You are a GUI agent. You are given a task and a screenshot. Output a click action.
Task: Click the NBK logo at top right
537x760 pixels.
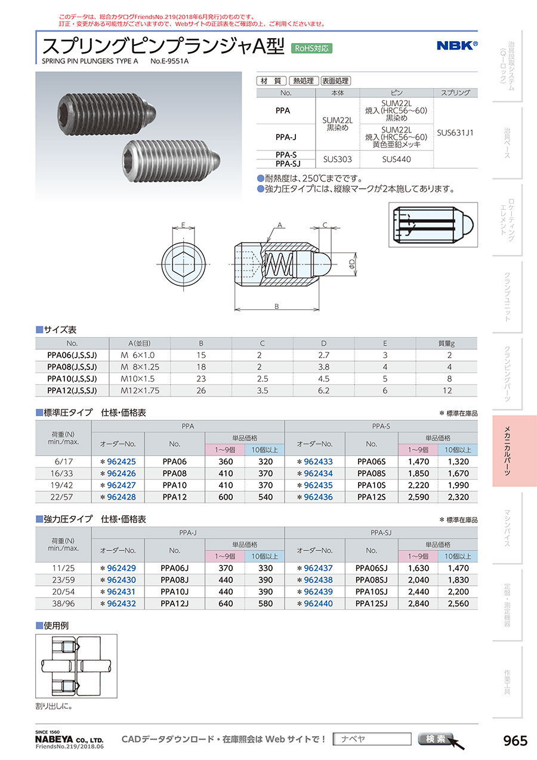click(x=457, y=45)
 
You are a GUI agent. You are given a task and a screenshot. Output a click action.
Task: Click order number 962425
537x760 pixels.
click(x=121, y=461)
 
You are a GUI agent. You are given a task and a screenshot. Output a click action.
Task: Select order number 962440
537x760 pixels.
click(x=318, y=604)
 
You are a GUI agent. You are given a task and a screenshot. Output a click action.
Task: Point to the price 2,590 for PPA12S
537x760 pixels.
click(x=418, y=497)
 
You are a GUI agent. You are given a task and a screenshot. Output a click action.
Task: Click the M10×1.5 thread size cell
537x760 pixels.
click(x=138, y=379)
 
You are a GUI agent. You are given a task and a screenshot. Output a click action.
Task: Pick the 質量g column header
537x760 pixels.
click(x=446, y=343)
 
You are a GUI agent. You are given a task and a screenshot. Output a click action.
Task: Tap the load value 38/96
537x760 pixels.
click(x=63, y=604)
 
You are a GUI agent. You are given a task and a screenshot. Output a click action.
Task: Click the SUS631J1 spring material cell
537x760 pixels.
click(x=455, y=133)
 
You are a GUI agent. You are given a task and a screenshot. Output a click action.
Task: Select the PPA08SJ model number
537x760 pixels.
click(x=371, y=580)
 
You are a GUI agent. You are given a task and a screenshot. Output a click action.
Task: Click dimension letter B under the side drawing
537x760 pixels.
click(x=276, y=306)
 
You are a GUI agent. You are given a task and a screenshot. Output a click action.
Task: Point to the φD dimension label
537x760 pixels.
click(x=352, y=262)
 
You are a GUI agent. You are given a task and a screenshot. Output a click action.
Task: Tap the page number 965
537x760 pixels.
click(x=516, y=741)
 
